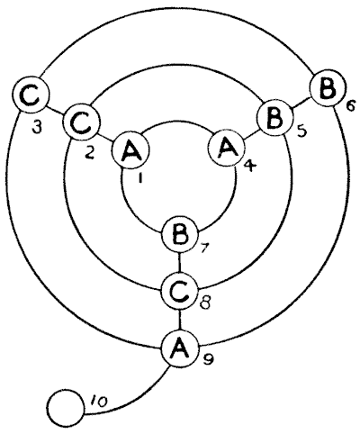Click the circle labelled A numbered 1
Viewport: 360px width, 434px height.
tap(130, 150)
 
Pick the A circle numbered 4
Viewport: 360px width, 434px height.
tap(227, 148)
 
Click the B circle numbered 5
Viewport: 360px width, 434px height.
tap(275, 119)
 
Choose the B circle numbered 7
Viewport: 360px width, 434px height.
tap(179, 235)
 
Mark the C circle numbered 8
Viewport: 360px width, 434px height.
tap(179, 292)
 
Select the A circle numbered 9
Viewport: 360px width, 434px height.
tap(179, 348)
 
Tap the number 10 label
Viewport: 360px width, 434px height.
tap(98, 402)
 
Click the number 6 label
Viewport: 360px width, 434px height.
tap(351, 106)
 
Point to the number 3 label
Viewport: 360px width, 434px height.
tap(37, 128)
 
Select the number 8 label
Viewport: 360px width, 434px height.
tap(204, 303)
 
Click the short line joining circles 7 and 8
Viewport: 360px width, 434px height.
tap(179, 264)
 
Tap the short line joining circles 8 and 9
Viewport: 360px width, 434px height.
tap(179, 320)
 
